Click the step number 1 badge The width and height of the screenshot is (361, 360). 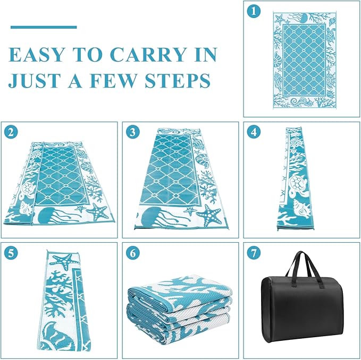coord(254,11)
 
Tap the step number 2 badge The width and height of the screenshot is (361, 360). coord(11,132)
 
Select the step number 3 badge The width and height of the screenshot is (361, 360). coord(132,132)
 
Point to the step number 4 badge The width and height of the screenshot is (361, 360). coord(254,132)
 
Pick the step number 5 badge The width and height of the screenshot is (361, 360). coord(11,253)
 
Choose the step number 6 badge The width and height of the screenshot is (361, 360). coord(132,253)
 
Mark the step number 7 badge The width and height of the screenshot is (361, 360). coord(254,253)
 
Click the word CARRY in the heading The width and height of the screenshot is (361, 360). coord(148,55)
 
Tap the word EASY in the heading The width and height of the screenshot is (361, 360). coord(36,55)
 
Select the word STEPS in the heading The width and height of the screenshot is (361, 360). coord(177,81)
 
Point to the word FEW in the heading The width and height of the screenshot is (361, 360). coord(113,81)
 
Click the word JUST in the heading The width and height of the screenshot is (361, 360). coord(35,81)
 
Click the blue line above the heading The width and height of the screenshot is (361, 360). coord(44,27)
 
